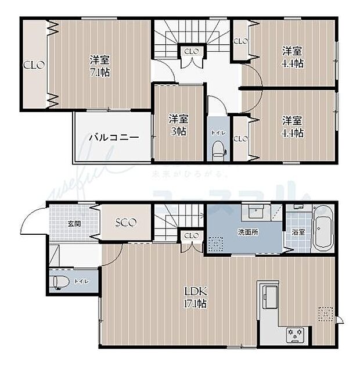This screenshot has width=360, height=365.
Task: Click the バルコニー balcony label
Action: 114,138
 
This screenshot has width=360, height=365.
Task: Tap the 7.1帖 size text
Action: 100,73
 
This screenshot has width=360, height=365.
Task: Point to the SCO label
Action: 125,223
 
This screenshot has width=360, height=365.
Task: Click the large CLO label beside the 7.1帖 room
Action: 34,65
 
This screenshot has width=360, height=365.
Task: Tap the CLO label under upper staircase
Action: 191,52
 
